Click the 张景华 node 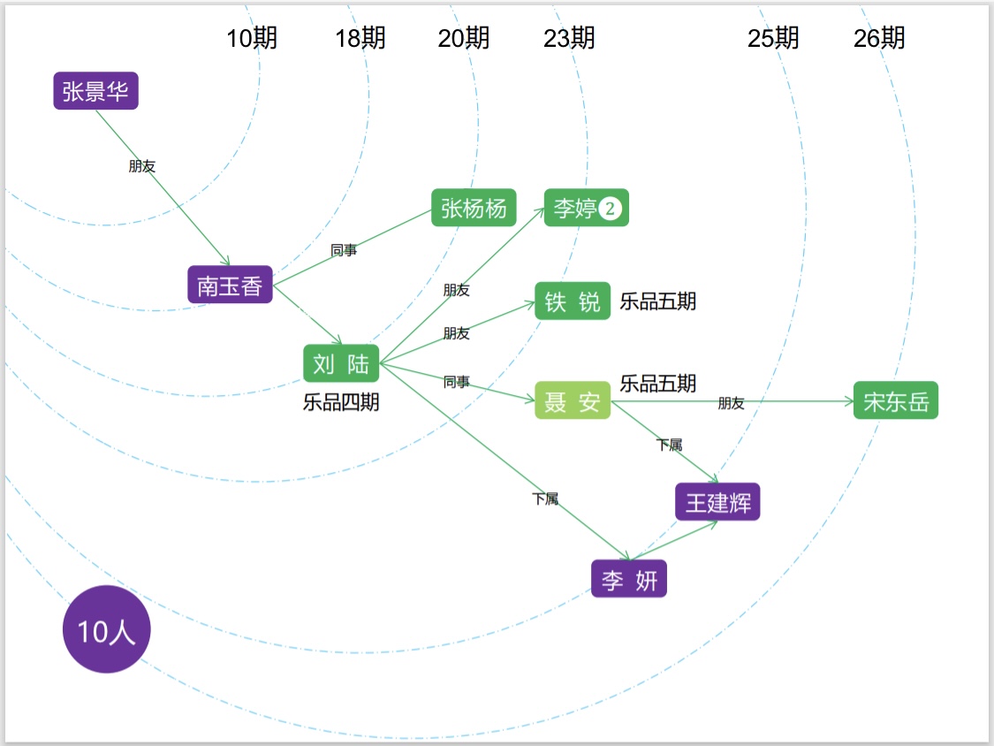pos(96,90)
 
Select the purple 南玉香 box pos(230,285)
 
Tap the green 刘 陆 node pos(341,363)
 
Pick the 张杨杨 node pos(474,208)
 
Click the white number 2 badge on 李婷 pos(611,209)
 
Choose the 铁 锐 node pos(573,301)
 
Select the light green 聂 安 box pos(573,401)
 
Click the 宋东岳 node pos(896,401)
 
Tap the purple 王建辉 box pos(717,502)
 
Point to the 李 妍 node pos(629,580)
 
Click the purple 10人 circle pos(107,630)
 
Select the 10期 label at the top pos(252,38)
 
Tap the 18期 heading pos(360,38)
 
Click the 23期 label pos(569,38)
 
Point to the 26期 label pos(879,38)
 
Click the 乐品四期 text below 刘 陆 pos(341,402)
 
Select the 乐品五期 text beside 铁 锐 pos(658,301)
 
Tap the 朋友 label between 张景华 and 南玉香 pos(142,166)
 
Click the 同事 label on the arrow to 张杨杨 pos(344,251)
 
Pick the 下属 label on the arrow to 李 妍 pos(545,499)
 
